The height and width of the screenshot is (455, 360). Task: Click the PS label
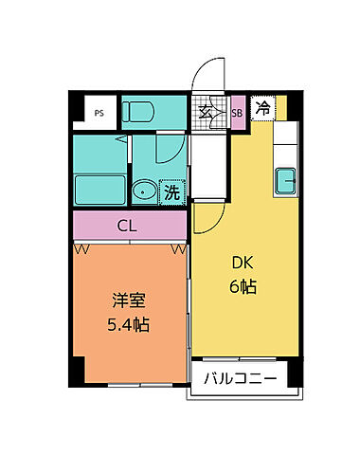(x=99, y=112)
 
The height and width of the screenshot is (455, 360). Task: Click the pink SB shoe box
(x=238, y=112)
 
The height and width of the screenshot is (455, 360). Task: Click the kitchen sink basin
(x=285, y=177)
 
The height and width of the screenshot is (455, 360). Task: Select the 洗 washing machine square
(x=172, y=191)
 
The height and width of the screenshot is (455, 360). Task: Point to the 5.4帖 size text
(x=128, y=325)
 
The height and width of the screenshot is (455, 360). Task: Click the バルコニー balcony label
(x=241, y=379)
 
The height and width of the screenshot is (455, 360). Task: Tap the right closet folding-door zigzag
(x=177, y=248)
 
